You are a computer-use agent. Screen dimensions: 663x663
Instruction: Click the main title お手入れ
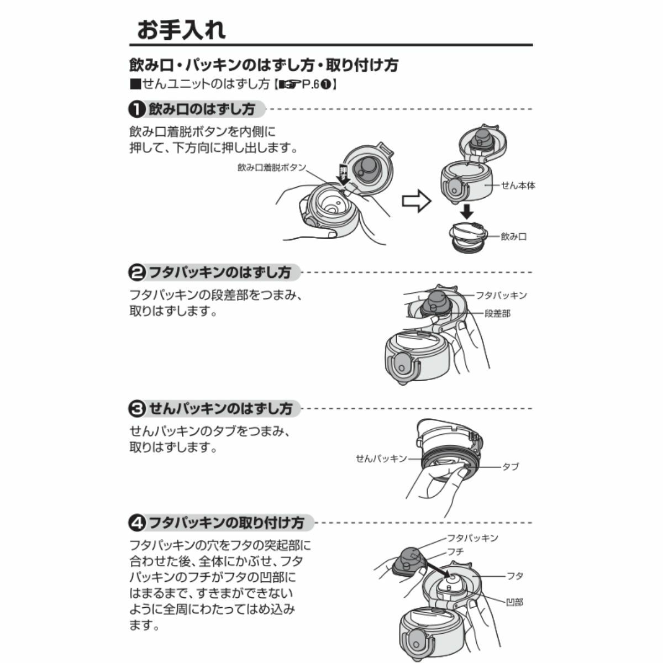coord(181,30)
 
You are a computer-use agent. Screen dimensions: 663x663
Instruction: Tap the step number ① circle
coord(137,109)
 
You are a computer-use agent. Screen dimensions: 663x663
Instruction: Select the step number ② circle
coord(137,272)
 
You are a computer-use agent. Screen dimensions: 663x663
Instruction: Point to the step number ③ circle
coord(137,409)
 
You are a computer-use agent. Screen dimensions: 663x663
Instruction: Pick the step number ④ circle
coord(137,523)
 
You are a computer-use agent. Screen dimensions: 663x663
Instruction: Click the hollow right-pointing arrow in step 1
coord(417,201)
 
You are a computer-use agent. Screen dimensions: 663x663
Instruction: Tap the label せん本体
coord(518,186)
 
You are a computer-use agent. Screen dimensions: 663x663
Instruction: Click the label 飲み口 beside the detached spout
coord(513,236)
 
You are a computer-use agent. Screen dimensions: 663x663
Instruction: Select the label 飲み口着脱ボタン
coord(272,167)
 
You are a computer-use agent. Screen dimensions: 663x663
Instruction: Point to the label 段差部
coord(497,313)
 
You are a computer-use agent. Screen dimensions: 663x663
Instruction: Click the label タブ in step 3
coord(511,467)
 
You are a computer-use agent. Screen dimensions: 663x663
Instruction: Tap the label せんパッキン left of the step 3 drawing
coord(381,458)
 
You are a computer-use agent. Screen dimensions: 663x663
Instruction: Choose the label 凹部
coord(515,602)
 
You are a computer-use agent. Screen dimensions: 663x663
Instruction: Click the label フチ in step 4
coord(455,551)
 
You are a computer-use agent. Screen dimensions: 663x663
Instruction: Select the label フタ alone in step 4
coord(515,576)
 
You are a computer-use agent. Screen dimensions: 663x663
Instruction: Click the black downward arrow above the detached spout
coord(467,211)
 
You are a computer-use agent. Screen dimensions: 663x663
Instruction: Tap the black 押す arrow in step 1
coord(343,175)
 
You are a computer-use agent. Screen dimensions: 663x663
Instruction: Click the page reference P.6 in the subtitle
coord(311,85)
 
